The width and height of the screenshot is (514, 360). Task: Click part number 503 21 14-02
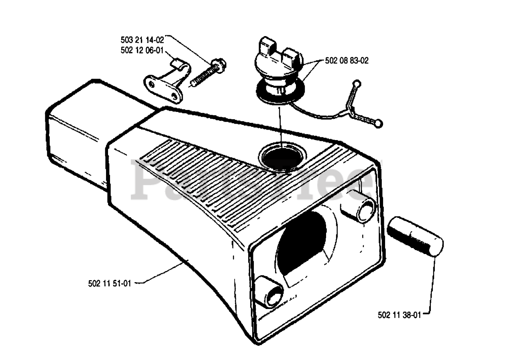(x=142, y=40)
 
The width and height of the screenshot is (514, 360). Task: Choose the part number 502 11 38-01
(x=399, y=315)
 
